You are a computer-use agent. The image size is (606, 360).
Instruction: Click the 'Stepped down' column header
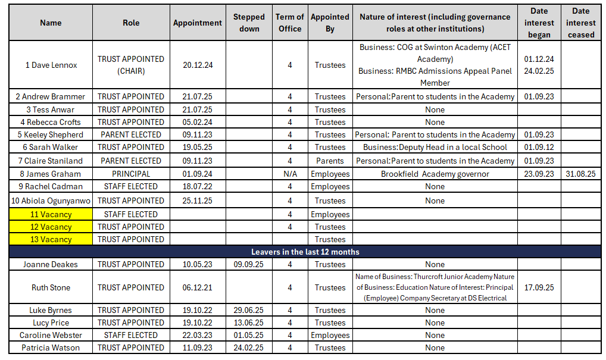(249, 23)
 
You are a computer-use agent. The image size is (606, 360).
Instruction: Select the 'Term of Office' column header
(289, 23)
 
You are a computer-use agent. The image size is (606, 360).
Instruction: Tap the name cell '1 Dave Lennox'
(51, 65)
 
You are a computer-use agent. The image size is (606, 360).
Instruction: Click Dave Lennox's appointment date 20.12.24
(198, 65)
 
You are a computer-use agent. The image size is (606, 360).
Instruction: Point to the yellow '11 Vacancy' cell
(51, 214)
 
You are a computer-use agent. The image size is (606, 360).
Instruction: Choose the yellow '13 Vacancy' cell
(51, 239)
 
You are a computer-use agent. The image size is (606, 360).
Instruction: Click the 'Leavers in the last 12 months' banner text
(305, 252)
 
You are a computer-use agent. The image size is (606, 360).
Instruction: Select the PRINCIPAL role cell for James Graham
(131, 174)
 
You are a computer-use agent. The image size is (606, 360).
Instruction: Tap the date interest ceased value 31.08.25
(580, 174)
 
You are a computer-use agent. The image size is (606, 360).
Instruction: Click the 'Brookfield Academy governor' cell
(435, 174)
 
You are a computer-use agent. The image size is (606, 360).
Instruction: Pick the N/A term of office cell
(289, 174)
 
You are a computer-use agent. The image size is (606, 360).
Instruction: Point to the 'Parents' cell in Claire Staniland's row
(330, 161)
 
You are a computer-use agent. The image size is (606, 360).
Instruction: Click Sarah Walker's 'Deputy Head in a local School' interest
(435, 147)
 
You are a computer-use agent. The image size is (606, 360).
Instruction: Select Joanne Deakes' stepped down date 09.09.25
(249, 264)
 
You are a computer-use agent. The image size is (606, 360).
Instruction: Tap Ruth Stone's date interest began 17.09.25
(539, 287)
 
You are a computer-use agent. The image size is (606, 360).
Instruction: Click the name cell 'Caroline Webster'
(51, 335)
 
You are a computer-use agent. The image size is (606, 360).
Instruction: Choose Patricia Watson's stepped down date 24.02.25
(249, 348)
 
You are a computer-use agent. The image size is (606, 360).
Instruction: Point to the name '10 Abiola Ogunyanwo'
(51, 201)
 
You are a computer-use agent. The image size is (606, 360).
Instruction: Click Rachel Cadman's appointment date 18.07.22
(198, 186)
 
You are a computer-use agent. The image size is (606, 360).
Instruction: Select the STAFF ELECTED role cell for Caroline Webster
(131, 335)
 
